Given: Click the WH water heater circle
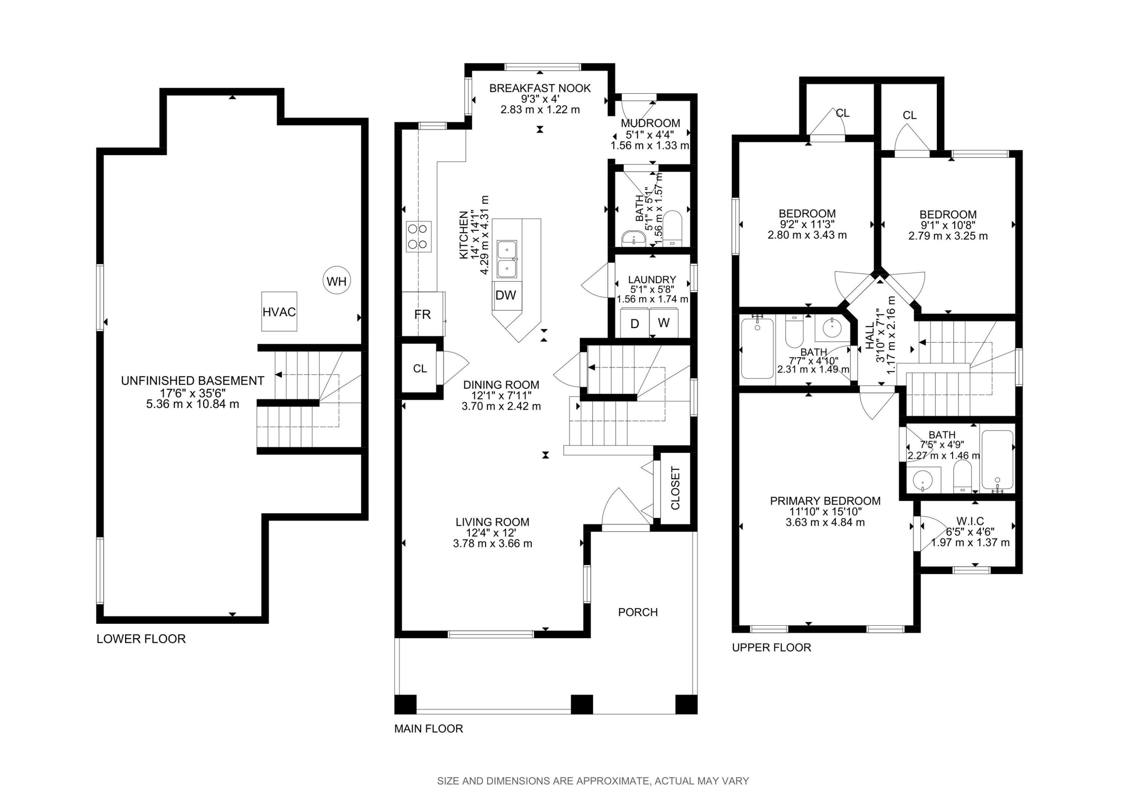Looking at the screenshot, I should [337, 281].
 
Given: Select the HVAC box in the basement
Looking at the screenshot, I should [279, 312].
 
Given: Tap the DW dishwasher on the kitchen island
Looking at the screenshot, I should [505, 295].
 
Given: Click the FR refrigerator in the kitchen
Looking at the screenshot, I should [422, 314].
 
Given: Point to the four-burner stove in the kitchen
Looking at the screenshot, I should [418, 236].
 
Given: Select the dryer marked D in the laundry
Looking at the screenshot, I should [634, 323].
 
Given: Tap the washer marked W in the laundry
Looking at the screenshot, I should [663, 323].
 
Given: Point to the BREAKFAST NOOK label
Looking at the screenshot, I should [540, 88].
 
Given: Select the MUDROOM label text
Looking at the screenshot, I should [650, 123].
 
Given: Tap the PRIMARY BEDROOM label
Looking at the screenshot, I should [825, 501].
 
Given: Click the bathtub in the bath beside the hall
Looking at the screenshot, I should [757, 349].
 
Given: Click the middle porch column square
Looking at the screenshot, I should [582, 704].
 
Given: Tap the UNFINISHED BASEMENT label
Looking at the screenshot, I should [193, 381].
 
